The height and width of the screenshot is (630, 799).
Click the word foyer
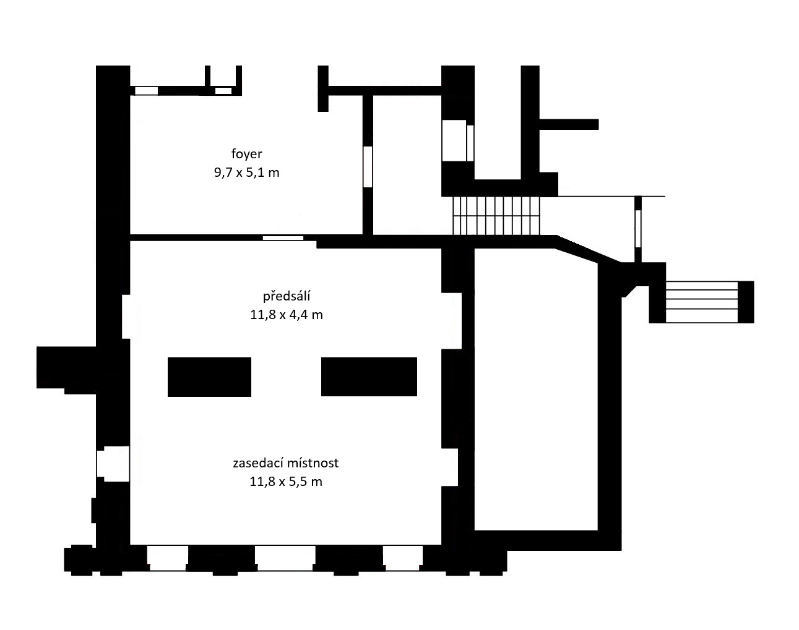pyautogui.click(x=246, y=154)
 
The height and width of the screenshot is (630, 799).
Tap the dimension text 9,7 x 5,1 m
pyautogui.click(x=246, y=172)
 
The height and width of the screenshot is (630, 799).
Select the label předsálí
pyautogui.click(x=287, y=296)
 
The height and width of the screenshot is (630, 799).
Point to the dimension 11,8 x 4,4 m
pyautogui.click(x=287, y=315)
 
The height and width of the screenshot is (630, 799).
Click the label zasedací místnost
pyautogui.click(x=285, y=463)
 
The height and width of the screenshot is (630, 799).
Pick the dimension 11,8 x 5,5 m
pyautogui.click(x=285, y=482)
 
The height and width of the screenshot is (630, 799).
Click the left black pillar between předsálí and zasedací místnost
pyautogui.click(x=209, y=377)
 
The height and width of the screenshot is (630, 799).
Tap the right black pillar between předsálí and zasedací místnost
pyautogui.click(x=369, y=377)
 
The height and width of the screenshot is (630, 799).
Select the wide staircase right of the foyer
pyautogui.click(x=496, y=216)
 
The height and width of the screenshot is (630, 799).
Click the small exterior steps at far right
pyautogui.click(x=702, y=302)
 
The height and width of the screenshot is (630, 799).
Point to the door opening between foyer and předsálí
pyautogui.click(x=283, y=238)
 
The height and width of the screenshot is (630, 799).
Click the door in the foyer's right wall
pyautogui.click(x=368, y=167)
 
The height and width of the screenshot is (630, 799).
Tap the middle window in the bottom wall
pyautogui.click(x=285, y=558)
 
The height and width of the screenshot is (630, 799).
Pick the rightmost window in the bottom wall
pyautogui.click(x=403, y=558)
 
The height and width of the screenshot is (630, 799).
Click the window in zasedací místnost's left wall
pyautogui.click(x=113, y=464)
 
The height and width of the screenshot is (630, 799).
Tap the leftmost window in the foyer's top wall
pyautogui.click(x=146, y=90)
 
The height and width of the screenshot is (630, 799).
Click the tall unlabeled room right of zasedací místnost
pyautogui.click(x=536, y=389)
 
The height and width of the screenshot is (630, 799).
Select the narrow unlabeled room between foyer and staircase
pyautogui.click(x=407, y=165)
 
